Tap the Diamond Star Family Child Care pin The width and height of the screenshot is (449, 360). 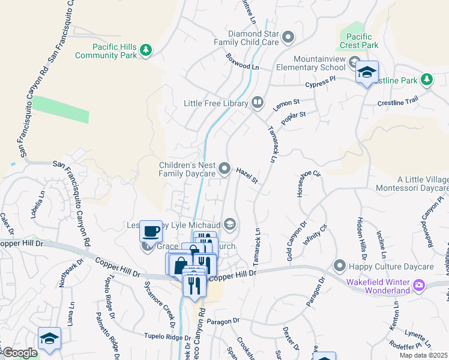click(x=288, y=37)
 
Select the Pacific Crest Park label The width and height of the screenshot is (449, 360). click(x=362, y=41)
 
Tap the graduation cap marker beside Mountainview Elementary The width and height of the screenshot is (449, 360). click(x=366, y=73)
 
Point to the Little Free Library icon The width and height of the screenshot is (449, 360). click(x=257, y=103)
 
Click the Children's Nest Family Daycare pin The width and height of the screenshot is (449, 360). click(x=224, y=169)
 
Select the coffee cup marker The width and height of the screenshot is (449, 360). click(x=151, y=230)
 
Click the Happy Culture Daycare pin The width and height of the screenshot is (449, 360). click(x=340, y=265)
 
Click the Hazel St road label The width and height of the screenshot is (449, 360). click(x=247, y=176)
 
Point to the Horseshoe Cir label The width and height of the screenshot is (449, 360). click(x=301, y=184)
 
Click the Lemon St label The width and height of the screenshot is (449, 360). click(x=286, y=106)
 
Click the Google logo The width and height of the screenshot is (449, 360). click(x=19, y=353)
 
